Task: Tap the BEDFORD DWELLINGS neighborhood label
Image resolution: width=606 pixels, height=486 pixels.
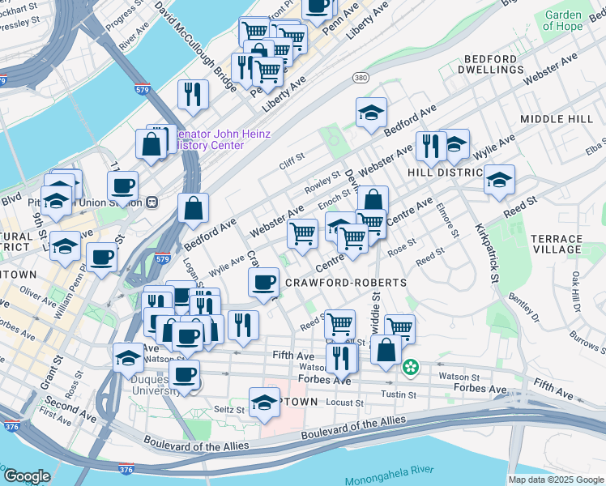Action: tap(489, 65)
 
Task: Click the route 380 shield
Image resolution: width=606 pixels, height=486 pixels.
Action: tap(361, 78)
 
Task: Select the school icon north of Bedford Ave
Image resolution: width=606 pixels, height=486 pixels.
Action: tap(371, 113)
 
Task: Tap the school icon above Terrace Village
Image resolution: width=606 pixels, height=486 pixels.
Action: tap(499, 180)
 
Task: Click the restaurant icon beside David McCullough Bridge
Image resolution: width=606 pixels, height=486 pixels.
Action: tap(193, 93)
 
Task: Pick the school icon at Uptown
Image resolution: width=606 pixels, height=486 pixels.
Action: tap(264, 403)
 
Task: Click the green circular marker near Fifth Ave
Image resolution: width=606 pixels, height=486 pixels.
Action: tap(411, 368)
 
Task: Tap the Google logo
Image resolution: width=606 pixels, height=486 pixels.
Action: tap(28, 476)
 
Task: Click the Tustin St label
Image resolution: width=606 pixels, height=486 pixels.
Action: tap(399, 394)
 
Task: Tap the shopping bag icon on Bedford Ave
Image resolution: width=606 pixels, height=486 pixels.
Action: tap(194, 209)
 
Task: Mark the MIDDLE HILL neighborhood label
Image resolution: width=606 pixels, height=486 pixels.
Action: tap(557, 119)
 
